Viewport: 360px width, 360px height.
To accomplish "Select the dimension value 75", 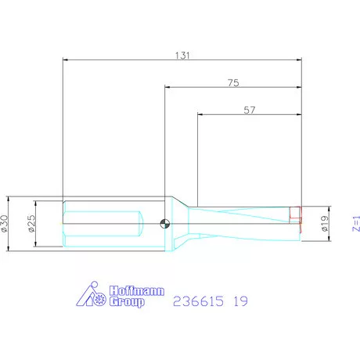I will coord(232,83).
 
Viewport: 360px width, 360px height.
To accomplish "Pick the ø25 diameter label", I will coord(32,223).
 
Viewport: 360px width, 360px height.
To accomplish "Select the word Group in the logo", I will coord(126,303).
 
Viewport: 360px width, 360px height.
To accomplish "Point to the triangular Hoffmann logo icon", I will coord(92,296).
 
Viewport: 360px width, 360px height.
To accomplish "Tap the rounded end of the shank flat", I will coord(139,224).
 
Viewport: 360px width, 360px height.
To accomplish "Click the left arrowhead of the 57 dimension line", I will coord(200,116).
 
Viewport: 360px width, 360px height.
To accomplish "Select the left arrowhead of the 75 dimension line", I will coord(167,88).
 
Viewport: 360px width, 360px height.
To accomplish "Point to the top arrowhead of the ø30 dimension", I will coord(9,198).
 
